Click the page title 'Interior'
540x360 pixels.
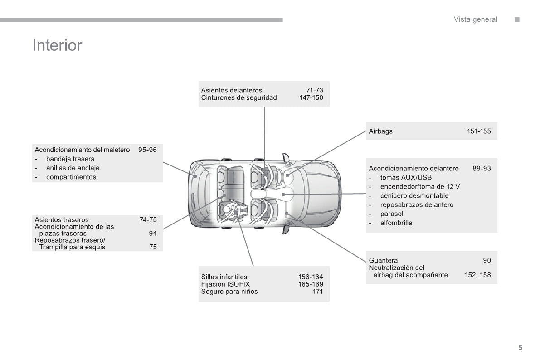(x=57, y=45)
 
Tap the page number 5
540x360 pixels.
(x=521, y=348)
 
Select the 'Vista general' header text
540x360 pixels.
(x=475, y=19)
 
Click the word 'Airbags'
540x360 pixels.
(x=380, y=131)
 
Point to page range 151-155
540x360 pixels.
(x=479, y=131)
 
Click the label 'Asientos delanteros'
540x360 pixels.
(x=231, y=90)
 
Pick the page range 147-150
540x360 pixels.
(x=311, y=97)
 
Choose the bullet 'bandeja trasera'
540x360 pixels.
(x=70, y=159)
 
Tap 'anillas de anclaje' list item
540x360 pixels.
(x=73, y=168)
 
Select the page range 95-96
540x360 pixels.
(x=147, y=150)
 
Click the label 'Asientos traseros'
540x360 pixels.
(x=61, y=220)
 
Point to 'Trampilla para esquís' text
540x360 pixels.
(x=72, y=247)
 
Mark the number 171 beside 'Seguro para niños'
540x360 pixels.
(x=317, y=292)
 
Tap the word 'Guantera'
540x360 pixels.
(x=383, y=260)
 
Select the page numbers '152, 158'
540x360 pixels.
(x=477, y=275)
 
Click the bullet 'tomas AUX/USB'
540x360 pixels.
(x=406, y=178)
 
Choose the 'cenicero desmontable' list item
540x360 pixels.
(x=414, y=196)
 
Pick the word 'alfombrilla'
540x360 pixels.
(x=396, y=223)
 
